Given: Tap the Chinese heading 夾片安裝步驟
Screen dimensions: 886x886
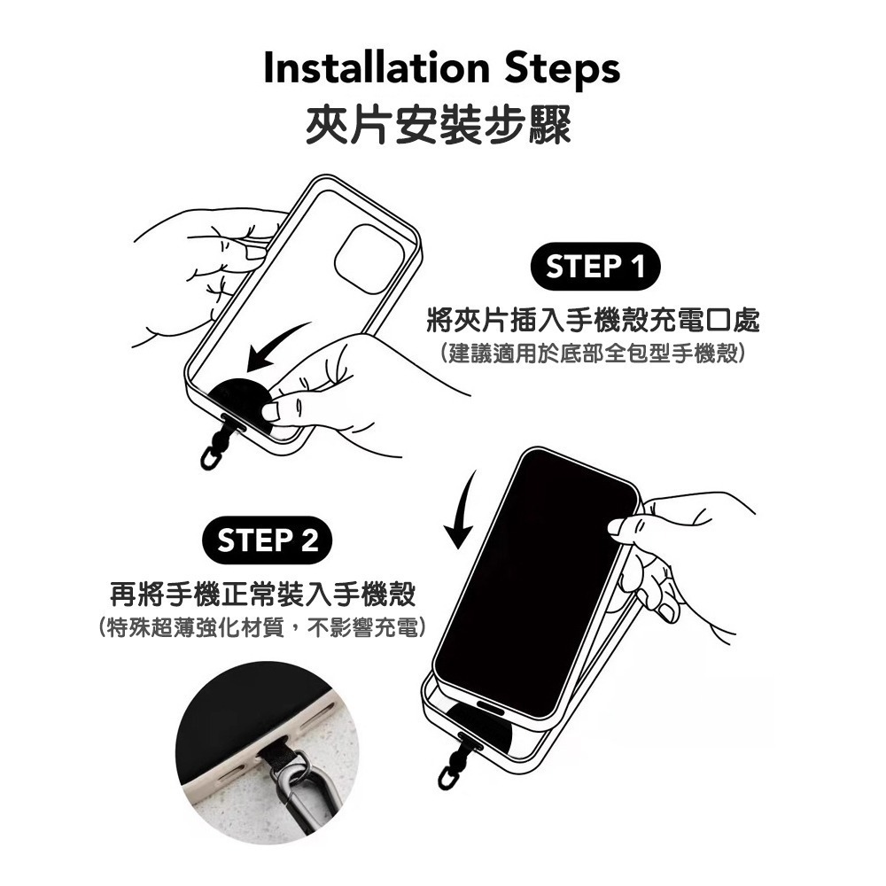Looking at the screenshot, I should point(439,124).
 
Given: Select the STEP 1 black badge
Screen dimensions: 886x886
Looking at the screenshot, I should point(595,267).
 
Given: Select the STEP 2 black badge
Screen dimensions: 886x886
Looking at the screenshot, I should point(268,540).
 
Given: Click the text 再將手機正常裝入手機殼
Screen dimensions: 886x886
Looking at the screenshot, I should point(262,592).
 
